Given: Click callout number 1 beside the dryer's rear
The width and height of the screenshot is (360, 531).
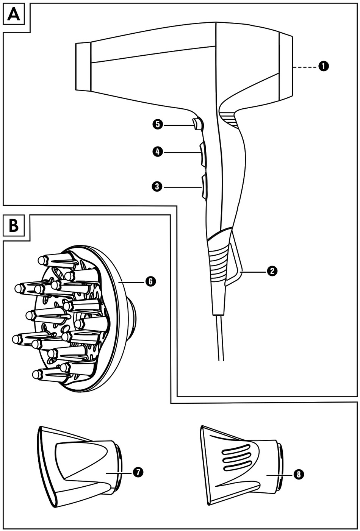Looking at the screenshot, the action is click(x=324, y=66).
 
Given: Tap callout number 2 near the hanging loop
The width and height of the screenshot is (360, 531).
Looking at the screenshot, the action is click(x=272, y=271).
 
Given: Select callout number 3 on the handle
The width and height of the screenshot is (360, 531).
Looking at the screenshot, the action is click(x=157, y=187).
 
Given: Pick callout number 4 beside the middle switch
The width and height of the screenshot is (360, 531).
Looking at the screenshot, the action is click(x=158, y=152).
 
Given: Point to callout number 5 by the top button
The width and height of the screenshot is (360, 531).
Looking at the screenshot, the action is click(x=158, y=124).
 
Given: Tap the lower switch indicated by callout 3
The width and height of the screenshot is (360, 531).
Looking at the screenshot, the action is click(x=204, y=187).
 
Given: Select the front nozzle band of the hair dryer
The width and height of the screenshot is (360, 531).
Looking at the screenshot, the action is click(x=83, y=66).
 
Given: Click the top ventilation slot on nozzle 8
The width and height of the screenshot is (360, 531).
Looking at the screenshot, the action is click(x=236, y=448).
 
